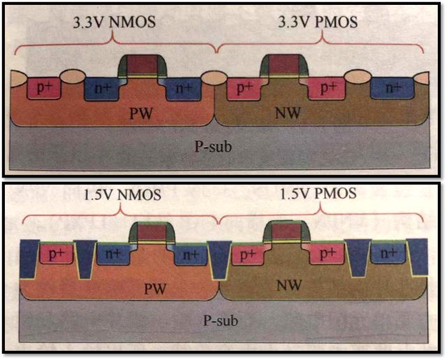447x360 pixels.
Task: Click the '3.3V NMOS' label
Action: pyautogui.click(x=115, y=22)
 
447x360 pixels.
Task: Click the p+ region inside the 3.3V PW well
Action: pyautogui.click(x=44, y=88)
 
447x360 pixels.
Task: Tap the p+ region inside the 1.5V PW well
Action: pyautogui.click(x=54, y=254)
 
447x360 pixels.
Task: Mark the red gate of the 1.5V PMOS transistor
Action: pyautogui.click(x=284, y=231)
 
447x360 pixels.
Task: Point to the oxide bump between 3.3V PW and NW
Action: pyautogui.click(x=214, y=78)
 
